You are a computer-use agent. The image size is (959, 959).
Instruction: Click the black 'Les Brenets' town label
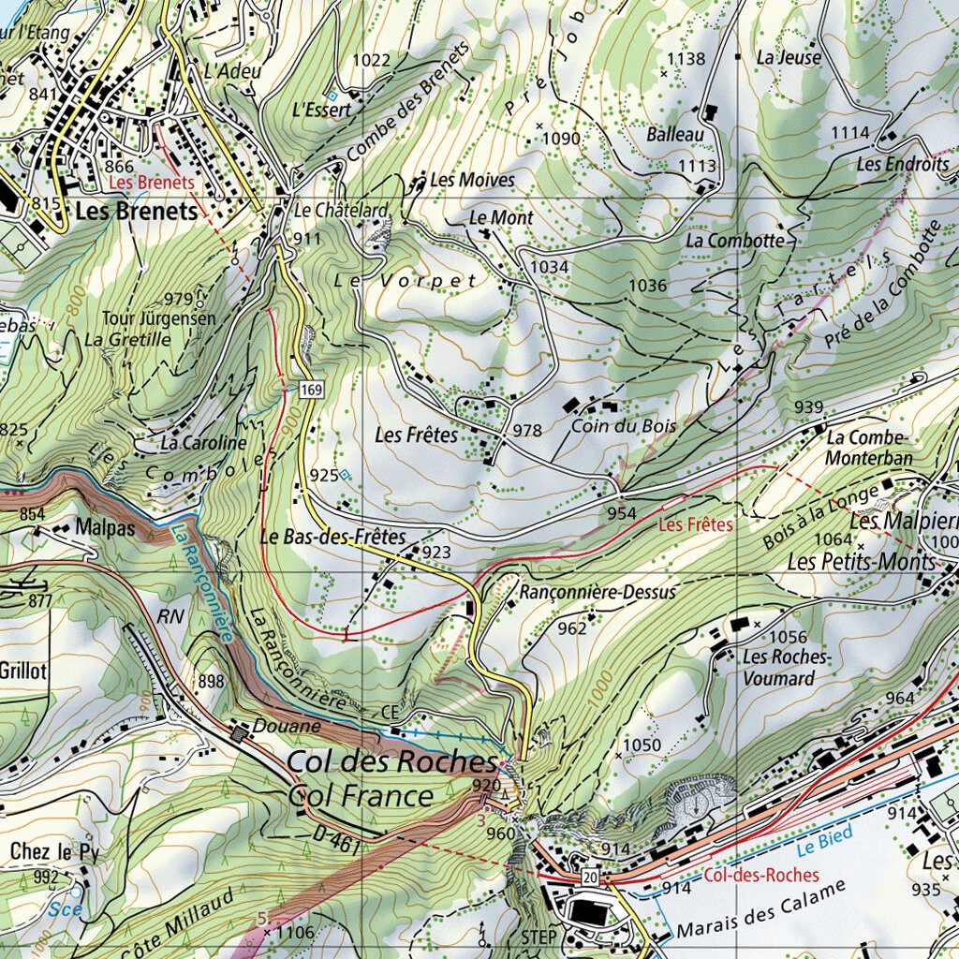click(x=137, y=212)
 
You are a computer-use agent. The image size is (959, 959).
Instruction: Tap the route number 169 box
click(x=311, y=388)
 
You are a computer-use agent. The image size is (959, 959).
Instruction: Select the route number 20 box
click(x=588, y=878)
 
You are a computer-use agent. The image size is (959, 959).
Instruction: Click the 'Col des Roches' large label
click(x=391, y=761)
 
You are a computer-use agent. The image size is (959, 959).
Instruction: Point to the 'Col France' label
click(x=361, y=797)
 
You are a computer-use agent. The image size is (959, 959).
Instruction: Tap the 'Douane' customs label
click(x=288, y=726)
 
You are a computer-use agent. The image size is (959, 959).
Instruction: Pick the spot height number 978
click(x=527, y=431)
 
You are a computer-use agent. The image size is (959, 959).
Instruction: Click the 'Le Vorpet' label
click(x=406, y=280)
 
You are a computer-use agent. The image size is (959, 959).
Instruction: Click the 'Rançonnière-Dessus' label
click(x=597, y=592)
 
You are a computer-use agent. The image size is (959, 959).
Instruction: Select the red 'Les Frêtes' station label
click(x=696, y=525)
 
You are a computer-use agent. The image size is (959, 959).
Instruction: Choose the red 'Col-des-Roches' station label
click(x=760, y=876)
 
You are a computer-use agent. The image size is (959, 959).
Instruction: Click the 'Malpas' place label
click(x=107, y=528)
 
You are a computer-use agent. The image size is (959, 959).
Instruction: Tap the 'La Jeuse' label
click(x=789, y=57)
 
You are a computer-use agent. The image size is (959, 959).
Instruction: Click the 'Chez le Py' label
click(x=54, y=851)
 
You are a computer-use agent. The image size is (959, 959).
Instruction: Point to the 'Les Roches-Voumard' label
click(x=785, y=667)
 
